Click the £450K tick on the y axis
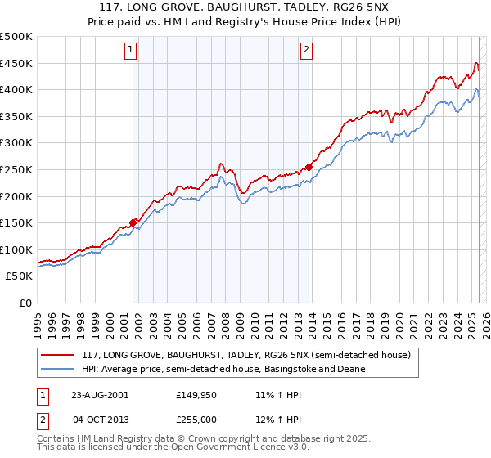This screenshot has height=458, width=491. click(x=16, y=63)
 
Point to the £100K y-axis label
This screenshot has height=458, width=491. click(x=16, y=249)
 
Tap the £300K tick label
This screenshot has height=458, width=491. click(x=16, y=143)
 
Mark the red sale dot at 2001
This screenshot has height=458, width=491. click(x=133, y=222)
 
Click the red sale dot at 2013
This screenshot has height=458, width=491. click(x=309, y=167)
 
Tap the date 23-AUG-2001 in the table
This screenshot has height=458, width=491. click(x=100, y=395)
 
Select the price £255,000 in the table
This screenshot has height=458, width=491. click(x=196, y=420)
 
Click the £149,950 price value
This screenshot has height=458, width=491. click(x=196, y=395)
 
